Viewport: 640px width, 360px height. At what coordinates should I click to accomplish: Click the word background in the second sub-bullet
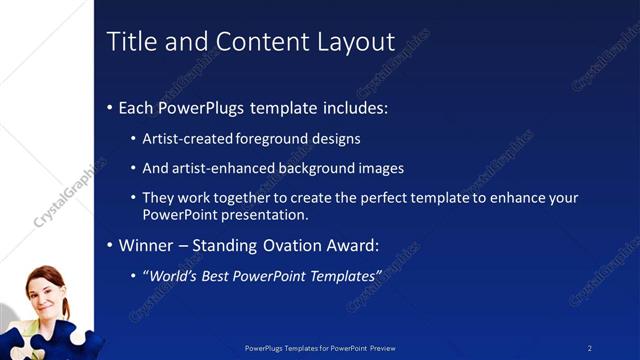tap(320, 168)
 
